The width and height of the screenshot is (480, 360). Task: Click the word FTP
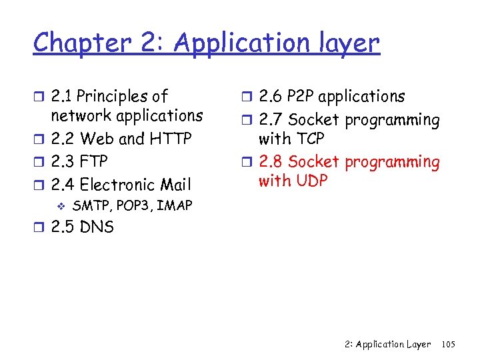[93, 162]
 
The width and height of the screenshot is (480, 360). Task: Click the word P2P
[301, 97]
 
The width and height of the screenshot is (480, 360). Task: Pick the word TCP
[309, 139]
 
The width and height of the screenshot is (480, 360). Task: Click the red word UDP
[311, 181]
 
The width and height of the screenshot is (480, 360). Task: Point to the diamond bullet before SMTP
[60, 205]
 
